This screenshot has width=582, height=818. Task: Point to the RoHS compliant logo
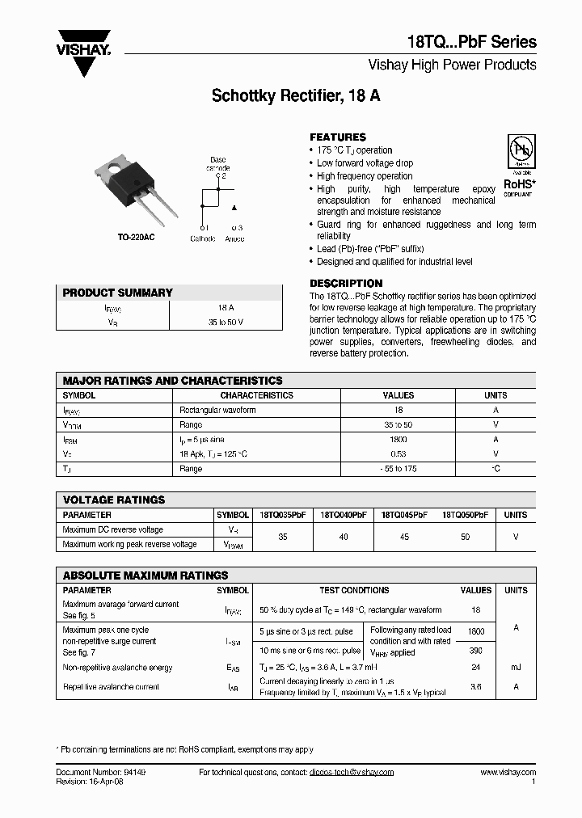click(x=518, y=167)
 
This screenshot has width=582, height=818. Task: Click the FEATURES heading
click(x=338, y=137)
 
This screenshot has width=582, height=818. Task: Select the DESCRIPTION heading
click(x=346, y=284)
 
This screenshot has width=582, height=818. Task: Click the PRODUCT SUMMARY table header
click(x=118, y=293)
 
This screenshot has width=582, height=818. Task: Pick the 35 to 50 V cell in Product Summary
click(x=226, y=322)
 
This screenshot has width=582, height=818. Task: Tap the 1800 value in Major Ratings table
click(x=398, y=440)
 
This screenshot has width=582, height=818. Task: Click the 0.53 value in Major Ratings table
click(x=398, y=454)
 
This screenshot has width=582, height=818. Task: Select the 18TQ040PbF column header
click(x=344, y=515)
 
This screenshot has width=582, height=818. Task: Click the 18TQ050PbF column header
click(x=465, y=515)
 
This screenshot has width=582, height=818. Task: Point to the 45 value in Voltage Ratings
click(x=404, y=537)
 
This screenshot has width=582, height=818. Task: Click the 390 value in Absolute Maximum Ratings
click(x=475, y=651)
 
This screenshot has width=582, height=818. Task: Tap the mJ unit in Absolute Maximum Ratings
click(x=516, y=668)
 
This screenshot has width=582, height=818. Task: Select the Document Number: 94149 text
click(x=101, y=773)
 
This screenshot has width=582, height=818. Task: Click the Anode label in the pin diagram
click(x=234, y=238)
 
